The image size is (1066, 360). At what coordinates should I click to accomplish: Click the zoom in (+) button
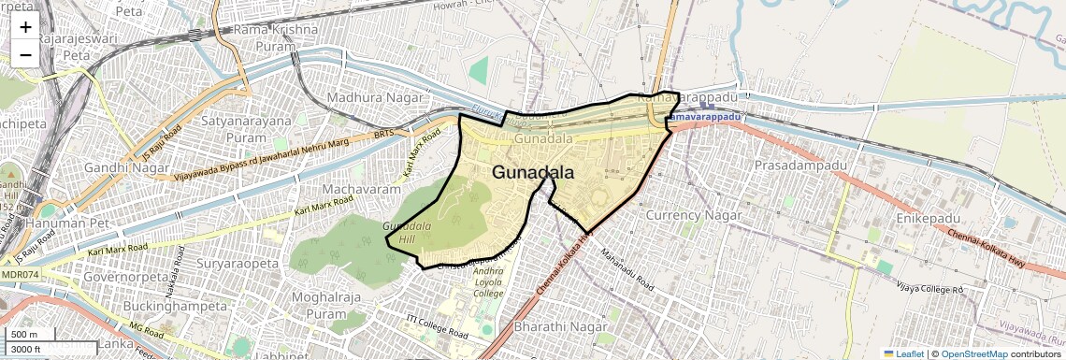(x=25, y=26)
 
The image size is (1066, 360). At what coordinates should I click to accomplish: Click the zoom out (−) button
(x=25, y=54)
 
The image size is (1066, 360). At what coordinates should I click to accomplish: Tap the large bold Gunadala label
(x=532, y=173)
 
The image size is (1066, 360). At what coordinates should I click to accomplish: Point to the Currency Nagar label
(x=694, y=215)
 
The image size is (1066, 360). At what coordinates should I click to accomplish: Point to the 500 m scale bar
(x=30, y=335)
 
